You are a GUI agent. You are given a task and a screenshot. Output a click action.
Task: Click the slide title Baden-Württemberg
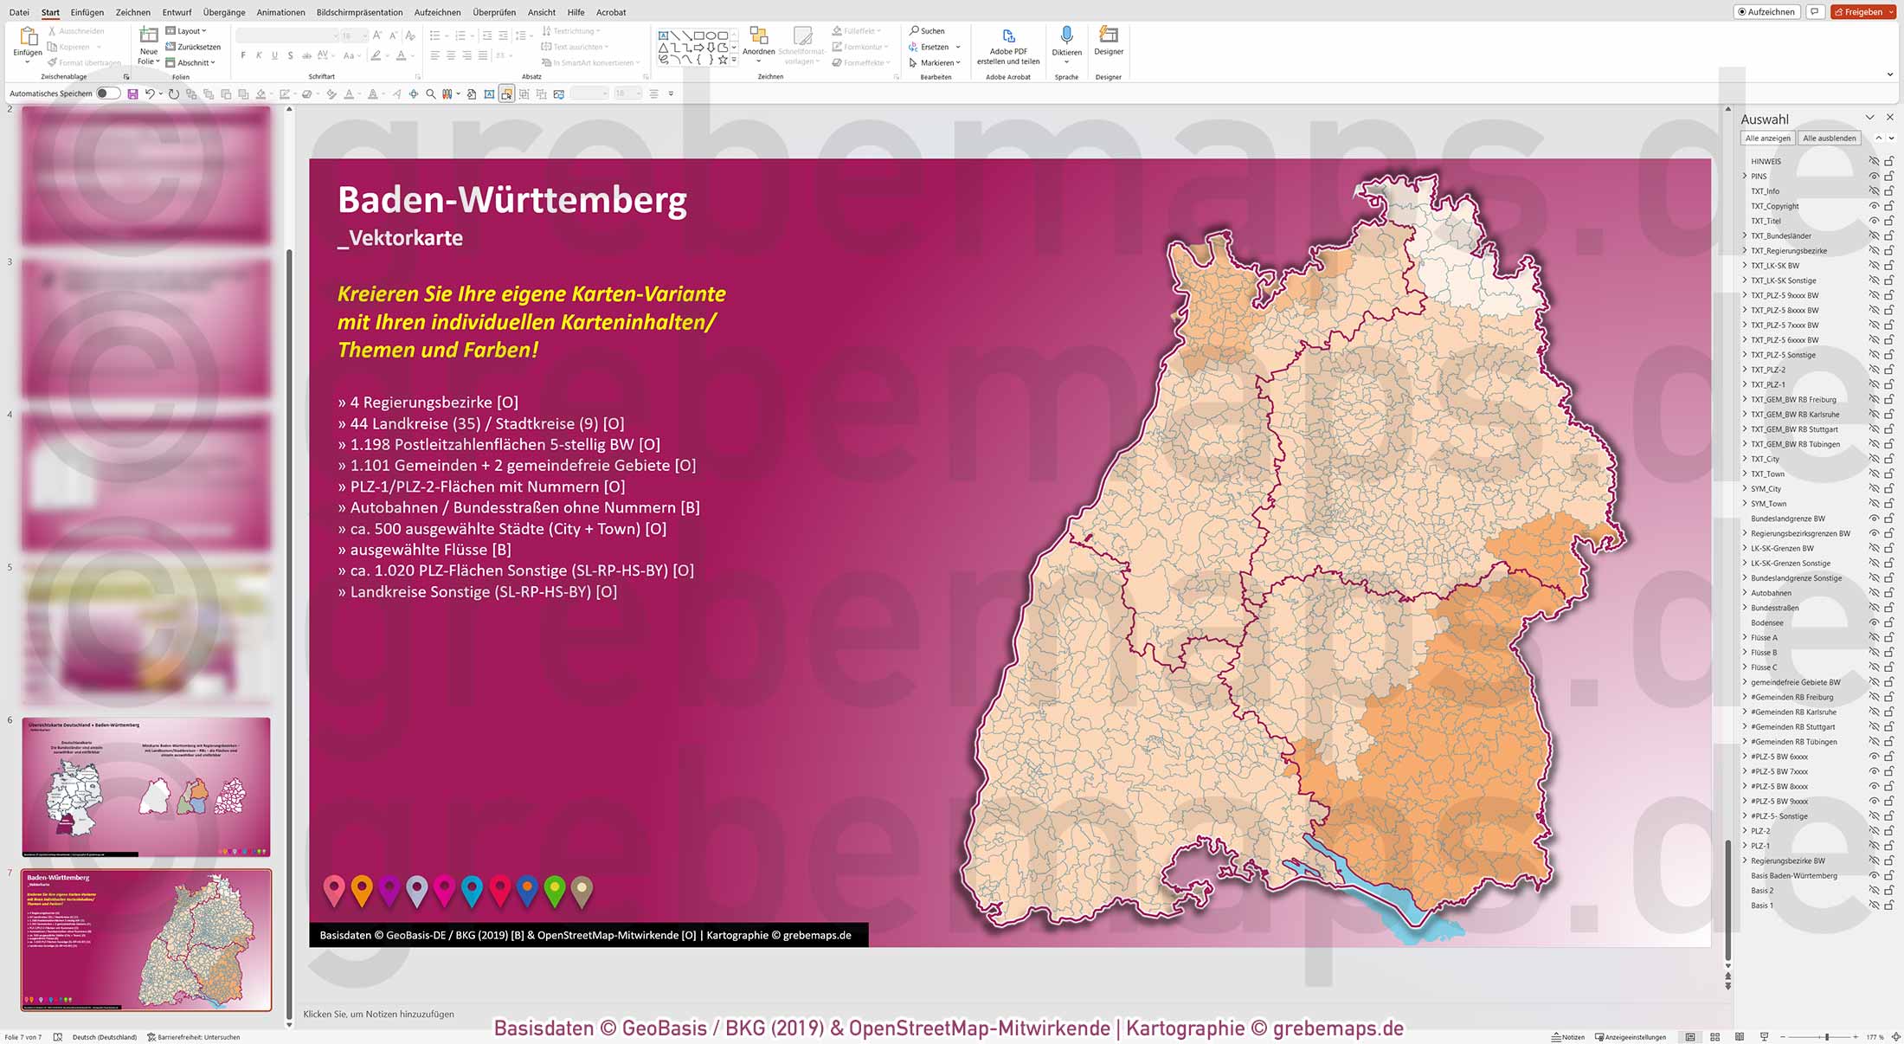point(511,200)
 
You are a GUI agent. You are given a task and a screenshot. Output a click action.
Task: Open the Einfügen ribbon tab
point(87,12)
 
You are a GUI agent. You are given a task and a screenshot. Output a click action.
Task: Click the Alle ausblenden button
point(1829,139)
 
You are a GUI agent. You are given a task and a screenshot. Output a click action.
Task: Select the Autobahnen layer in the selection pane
point(1771,593)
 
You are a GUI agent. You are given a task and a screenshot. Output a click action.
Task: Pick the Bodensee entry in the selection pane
point(1766,623)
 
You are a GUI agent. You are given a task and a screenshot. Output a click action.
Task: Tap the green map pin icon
point(555,888)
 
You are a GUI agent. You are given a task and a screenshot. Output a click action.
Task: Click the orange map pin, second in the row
point(362,888)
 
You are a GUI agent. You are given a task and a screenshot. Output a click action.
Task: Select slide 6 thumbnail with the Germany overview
point(145,786)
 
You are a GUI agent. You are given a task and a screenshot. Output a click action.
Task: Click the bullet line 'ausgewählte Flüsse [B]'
point(425,550)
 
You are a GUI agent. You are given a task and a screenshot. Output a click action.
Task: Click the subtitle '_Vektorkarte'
point(400,238)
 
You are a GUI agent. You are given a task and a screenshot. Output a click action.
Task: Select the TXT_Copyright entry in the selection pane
point(1774,206)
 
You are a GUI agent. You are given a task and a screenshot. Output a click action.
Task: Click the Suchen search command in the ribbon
point(927,31)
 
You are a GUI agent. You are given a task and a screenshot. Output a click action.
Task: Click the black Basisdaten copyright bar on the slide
point(589,935)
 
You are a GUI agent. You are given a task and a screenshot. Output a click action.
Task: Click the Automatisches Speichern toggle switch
point(107,93)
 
